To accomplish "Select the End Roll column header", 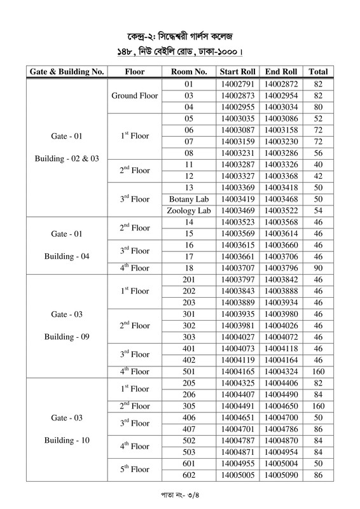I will point(282,72).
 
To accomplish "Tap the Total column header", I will point(318,72).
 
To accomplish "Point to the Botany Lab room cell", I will point(188,199).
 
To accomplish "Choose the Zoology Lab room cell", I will point(188,211).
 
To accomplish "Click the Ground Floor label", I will point(134,95).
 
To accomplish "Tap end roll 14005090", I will point(282,475).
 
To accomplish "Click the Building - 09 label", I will point(67,337).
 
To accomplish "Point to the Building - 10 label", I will point(67,440).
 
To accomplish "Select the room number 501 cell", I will point(188,371).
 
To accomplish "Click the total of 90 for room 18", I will point(318,268).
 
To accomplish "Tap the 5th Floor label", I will point(134,469).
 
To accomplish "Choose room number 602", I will point(188,475).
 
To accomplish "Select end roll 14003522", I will point(282,211).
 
